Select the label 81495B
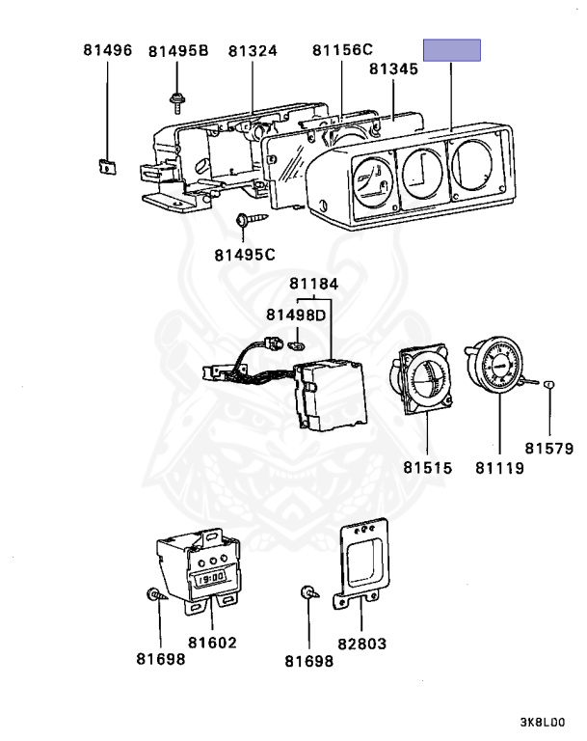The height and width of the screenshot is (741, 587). pos(178,51)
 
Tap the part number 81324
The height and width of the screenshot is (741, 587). pos(253,51)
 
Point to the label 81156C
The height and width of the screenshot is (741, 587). pos(342,51)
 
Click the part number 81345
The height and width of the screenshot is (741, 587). pos(396,70)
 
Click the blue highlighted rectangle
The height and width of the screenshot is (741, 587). pos(453,51)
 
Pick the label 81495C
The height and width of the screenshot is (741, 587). pos(245,255)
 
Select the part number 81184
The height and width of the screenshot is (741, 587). pos(315,284)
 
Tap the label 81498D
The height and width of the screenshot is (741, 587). pos(297,315)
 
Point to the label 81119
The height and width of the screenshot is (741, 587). pos(499,468)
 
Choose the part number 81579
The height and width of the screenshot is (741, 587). pos(549,448)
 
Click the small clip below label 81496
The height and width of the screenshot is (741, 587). pos(106,164)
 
